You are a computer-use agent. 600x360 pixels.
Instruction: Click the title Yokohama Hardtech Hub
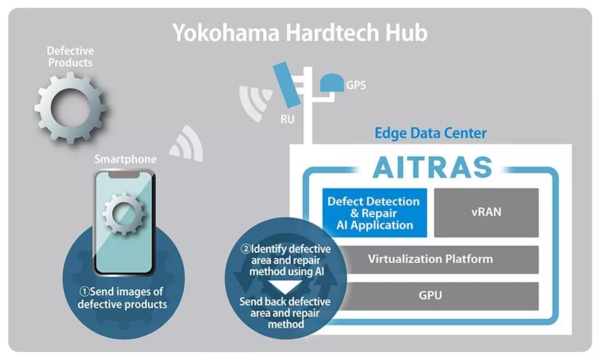tap(300, 33)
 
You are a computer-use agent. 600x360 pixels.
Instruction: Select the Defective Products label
tap(70, 57)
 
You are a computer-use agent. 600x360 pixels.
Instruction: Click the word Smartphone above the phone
tap(125, 159)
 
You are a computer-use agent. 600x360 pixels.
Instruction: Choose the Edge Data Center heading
tap(430, 133)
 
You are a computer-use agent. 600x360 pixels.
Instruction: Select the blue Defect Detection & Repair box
tap(373, 212)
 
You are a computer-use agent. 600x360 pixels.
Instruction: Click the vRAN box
tap(486, 212)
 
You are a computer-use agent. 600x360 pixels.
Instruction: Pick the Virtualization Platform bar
tap(431, 259)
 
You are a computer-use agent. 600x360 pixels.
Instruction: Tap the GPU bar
tap(431, 295)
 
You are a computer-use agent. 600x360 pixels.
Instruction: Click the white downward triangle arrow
tap(285, 287)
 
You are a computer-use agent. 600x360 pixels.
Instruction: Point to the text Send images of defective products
tap(123, 298)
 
